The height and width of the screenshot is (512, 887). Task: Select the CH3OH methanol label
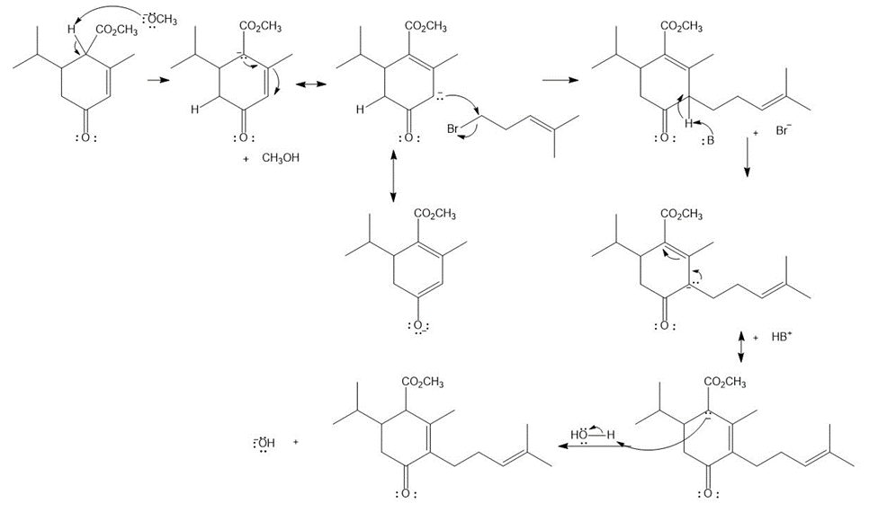point(281,158)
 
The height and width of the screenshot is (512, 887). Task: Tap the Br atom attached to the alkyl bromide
point(452,128)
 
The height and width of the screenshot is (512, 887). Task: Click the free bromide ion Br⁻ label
point(783,130)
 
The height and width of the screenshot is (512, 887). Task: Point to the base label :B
point(707,140)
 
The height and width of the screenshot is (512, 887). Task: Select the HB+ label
point(781,337)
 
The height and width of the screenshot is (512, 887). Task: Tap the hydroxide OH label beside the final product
point(264,443)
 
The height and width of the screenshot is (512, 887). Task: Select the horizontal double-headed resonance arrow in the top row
point(311,84)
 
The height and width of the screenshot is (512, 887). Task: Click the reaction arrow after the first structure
point(157,80)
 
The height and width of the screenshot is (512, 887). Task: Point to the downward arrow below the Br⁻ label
point(747,158)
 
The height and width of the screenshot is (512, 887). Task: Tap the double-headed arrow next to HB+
point(741,347)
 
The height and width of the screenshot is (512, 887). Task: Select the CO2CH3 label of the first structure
point(117,30)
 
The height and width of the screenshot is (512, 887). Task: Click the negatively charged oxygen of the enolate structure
point(418,326)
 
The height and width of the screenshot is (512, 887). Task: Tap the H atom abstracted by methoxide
point(71,30)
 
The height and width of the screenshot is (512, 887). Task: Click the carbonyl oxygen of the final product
point(406,494)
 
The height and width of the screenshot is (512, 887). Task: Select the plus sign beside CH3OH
point(246,159)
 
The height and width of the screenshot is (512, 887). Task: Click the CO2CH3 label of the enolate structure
point(435,214)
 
